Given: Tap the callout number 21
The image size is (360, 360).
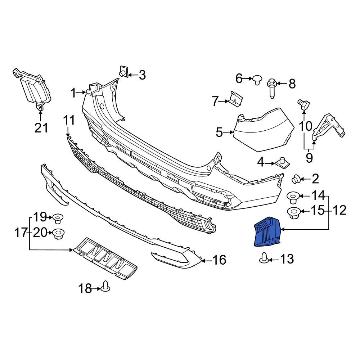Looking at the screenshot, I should click(x=41, y=127).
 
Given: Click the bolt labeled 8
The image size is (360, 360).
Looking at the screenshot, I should click(x=271, y=87).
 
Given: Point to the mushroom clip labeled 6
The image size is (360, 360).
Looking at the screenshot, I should click(x=257, y=79).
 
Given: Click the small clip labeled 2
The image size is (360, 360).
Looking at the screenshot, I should click(x=296, y=178).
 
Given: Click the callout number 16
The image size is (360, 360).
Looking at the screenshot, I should click(x=219, y=260).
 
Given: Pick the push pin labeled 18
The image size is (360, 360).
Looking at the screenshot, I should click(x=106, y=286).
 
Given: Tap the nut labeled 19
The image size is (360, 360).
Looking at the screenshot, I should click(x=58, y=218).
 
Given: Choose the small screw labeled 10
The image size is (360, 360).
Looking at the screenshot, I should click(x=302, y=105).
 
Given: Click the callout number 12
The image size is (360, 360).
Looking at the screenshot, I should click(x=337, y=210).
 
